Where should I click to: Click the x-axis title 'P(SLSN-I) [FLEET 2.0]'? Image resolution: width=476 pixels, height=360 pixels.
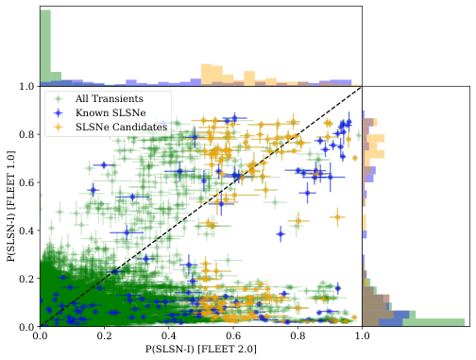tap(201, 350)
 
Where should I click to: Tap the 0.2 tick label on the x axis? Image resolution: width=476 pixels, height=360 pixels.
tap(105, 335)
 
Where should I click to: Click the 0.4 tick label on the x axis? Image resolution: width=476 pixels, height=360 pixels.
tap(169, 335)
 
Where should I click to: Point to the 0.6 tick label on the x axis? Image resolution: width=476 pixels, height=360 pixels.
tap(233, 335)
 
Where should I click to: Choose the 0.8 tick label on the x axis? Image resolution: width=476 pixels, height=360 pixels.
tap(297, 335)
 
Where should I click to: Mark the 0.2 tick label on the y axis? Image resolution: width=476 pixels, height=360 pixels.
tap(27, 279)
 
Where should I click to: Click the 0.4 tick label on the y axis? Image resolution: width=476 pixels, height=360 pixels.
tap(27, 231)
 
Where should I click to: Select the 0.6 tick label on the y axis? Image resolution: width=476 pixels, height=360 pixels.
tap(27, 182)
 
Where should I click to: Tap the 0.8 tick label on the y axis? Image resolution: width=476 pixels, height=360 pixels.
tap(27, 134)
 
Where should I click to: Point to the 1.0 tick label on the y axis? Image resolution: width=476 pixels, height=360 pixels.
tap(27, 87)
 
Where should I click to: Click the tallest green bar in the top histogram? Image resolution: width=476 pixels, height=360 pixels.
tap(45, 47)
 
